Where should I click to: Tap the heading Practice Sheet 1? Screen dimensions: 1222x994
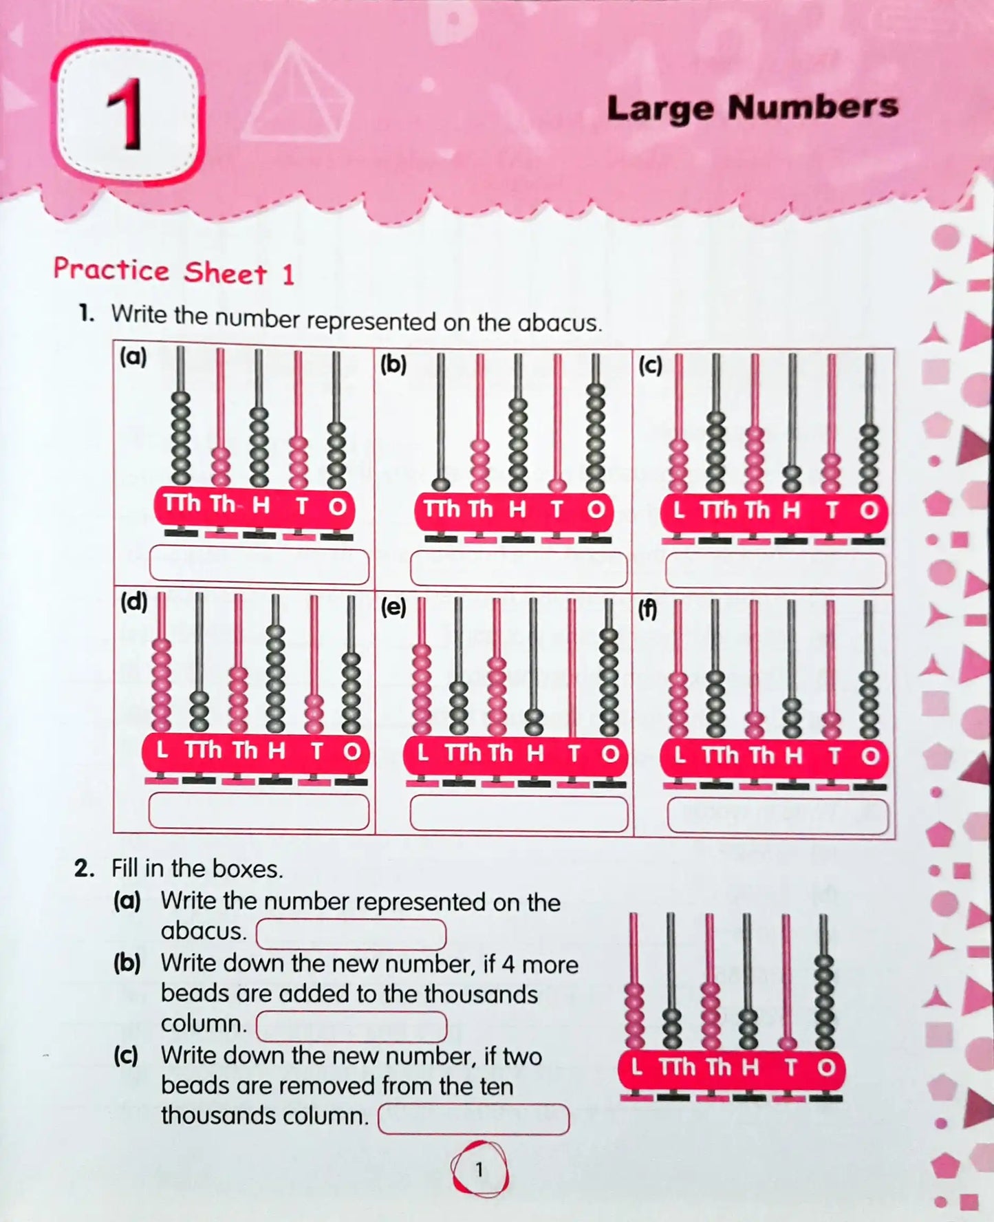pos(173,271)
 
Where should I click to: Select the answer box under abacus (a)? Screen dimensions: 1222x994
pos(259,564)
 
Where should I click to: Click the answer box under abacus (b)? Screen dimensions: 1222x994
pos(519,569)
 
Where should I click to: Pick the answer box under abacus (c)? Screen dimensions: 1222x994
pos(775,570)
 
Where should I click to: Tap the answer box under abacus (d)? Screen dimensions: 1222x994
pos(259,811)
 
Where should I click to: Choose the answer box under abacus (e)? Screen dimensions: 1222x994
pos(519,813)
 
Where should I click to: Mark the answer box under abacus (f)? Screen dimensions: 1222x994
pos(777,815)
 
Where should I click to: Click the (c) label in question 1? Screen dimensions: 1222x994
pos(650,365)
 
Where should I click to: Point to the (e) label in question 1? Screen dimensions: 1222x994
pos(393,608)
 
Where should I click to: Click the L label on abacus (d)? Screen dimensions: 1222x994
pos(162,750)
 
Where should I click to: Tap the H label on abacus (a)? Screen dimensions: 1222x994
pos(260,506)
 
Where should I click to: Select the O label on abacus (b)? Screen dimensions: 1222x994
pos(596,510)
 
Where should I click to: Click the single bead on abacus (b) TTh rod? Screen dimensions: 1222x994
pos(441,484)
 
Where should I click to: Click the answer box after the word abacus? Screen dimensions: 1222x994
pos(351,934)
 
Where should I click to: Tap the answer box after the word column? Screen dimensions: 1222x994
pos(351,1026)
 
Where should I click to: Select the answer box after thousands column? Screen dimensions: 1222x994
pos(473,1118)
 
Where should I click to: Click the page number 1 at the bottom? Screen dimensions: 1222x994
pos(479,1169)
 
